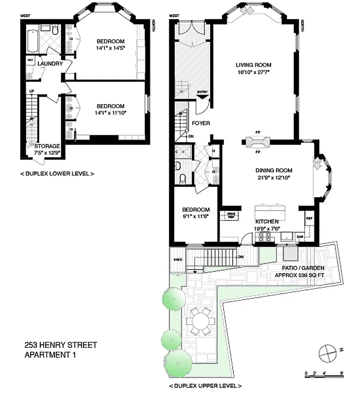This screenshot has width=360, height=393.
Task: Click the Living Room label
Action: click(253, 65)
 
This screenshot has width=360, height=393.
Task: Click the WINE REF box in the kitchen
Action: click(231, 215)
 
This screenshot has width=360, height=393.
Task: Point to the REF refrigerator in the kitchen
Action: click(309, 219)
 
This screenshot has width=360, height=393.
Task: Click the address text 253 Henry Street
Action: click(61, 345)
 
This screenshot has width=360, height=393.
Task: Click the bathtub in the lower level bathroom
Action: click(32, 41)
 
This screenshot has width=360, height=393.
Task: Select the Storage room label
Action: click(47, 146)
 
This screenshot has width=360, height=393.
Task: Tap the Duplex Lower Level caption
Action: click(57, 173)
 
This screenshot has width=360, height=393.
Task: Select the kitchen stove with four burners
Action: click(265, 237)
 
